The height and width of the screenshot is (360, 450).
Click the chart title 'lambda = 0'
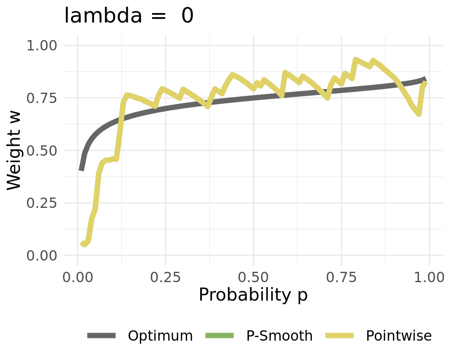[x=129, y=16]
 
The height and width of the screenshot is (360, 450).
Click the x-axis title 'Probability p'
[x=253, y=295]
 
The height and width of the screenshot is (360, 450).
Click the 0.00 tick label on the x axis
[x=78, y=276]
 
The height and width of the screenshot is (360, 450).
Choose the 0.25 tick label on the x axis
[x=166, y=276]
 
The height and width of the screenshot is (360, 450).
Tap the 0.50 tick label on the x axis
[x=253, y=276]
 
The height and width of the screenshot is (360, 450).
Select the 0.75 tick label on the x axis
[x=341, y=276]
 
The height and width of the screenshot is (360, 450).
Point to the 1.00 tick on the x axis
[x=429, y=276]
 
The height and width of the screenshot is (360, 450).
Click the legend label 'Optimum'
[x=160, y=336]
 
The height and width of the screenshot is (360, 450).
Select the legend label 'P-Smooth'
[x=279, y=336]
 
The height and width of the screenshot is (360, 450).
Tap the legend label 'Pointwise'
[x=399, y=336]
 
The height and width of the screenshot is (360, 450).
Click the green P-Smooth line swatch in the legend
[x=220, y=335]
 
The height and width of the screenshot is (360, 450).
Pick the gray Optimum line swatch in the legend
[x=102, y=335]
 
